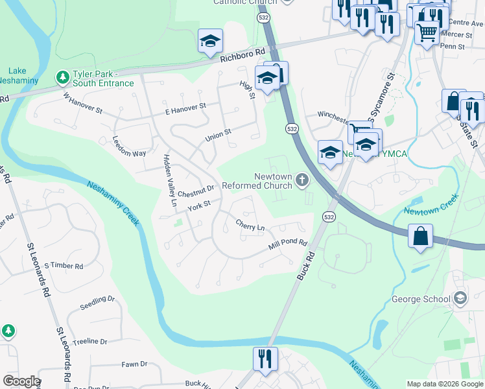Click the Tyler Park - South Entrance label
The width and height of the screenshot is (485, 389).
tap(103, 78)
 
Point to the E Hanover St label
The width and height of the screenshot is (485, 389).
tap(185, 106)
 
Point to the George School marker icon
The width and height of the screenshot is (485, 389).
tap(460, 299)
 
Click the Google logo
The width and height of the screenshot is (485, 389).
tap(21, 381)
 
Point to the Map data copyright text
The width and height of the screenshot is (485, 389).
tap(444, 384)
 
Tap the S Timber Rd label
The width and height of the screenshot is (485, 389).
tap(64, 266)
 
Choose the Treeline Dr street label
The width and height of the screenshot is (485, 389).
tap(89, 341)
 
